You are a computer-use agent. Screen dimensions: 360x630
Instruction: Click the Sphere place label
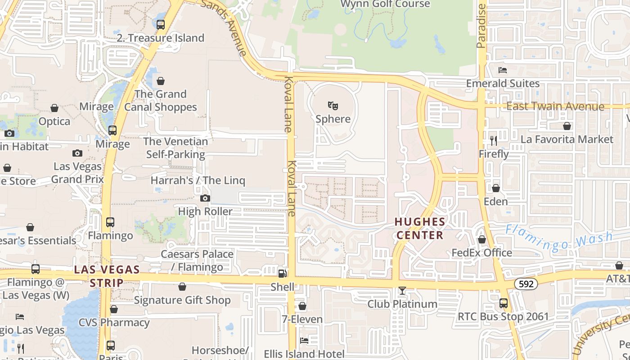click(333, 119)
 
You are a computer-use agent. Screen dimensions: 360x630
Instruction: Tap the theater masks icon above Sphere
click(333, 106)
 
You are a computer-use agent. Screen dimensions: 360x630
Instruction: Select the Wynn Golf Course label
click(385, 4)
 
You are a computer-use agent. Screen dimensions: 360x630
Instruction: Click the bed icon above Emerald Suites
click(503, 70)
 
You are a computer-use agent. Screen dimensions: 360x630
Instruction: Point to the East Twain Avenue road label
click(555, 106)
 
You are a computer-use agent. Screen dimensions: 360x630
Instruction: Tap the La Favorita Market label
click(567, 139)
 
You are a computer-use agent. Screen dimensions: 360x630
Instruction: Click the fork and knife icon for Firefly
click(494, 141)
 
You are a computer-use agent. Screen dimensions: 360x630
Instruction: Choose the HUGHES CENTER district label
click(420, 228)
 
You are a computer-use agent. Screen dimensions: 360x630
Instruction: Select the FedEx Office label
click(482, 252)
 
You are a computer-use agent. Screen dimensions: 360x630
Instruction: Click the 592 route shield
click(526, 284)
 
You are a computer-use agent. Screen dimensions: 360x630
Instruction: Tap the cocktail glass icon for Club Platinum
click(402, 291)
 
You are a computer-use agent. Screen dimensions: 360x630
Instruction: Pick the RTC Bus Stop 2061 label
click(503, 316)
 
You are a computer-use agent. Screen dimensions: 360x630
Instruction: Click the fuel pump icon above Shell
click(282, 273)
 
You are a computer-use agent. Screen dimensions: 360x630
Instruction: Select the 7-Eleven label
click(302, 319)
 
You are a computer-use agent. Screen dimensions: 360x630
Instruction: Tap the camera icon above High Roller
click(205, 198)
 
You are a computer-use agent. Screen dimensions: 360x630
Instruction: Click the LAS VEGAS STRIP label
click(107, 276)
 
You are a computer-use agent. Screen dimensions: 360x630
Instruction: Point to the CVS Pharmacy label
click(114, 322)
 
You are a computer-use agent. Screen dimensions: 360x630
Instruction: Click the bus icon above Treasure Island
click(161, 25)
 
